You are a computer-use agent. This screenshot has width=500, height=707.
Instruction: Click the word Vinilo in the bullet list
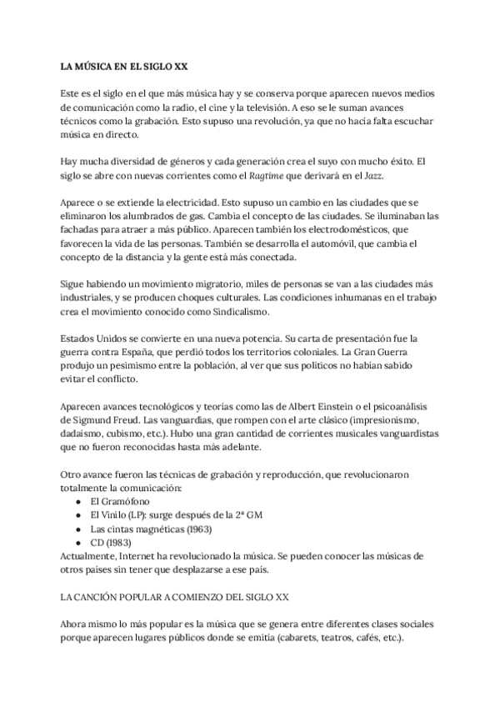pyautogui.click(x=117, y=515)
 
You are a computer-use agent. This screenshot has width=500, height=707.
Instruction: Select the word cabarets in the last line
pyautogui.click(x=305, y=638)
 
